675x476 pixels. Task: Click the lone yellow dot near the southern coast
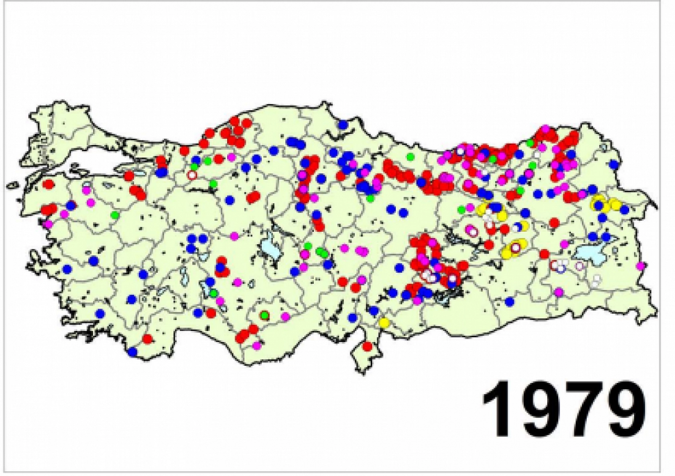pos(384,322)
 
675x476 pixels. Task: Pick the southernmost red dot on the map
pos(367,346)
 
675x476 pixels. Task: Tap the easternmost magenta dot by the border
pos(640,265)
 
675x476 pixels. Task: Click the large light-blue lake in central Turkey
pos(270,249)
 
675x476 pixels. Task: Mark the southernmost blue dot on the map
pos(132,352)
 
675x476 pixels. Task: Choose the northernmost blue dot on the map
pos(342,125)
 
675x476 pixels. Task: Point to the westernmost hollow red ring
pos(192,175)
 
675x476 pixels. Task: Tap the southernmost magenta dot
pos(257,345)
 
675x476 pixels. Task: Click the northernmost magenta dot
pos(545,129)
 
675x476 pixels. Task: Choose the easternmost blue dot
pos(613,164)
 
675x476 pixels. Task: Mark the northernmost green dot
pos(530,142)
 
